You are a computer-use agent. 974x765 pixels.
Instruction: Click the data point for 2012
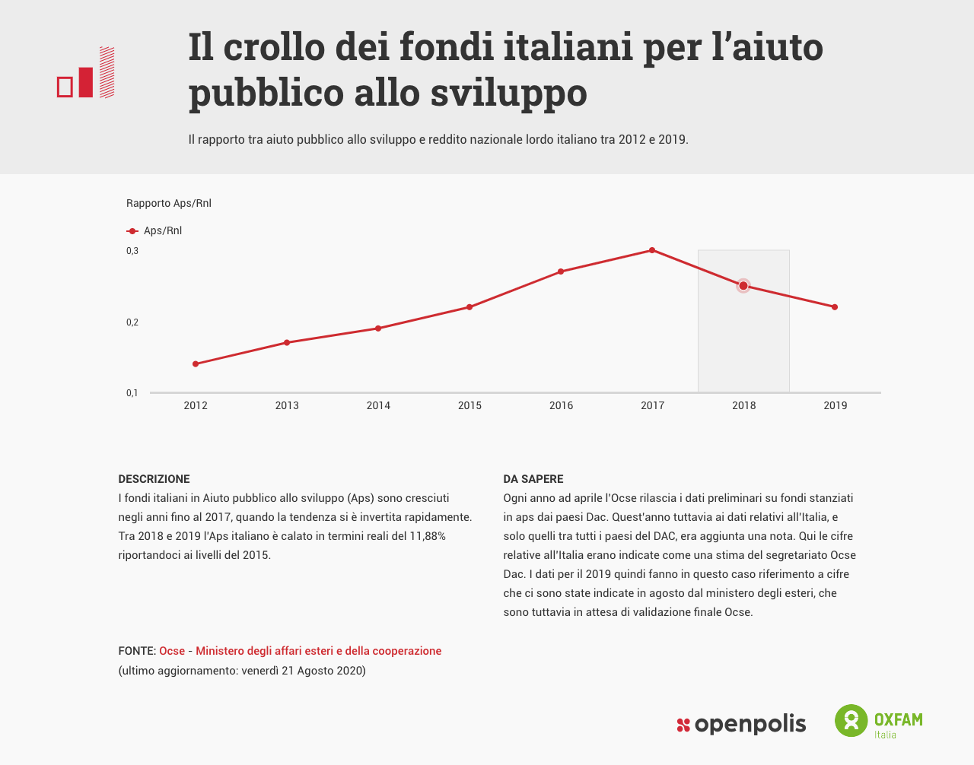[196, 364]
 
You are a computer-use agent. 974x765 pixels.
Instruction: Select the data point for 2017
[652, 250]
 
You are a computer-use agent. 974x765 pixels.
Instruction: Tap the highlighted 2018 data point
[743, 286]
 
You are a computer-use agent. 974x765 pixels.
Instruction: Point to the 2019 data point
[835, 307]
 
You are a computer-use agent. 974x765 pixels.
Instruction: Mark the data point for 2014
[378, 329]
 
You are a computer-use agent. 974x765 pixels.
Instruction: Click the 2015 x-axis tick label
[469, 406]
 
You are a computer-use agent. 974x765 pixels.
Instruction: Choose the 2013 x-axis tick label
[287, 406]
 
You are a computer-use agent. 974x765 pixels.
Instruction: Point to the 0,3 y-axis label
[132, 251]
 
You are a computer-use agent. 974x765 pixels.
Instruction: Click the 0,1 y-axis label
[132, 393]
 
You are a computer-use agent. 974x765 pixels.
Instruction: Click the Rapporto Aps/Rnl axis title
[169, 203]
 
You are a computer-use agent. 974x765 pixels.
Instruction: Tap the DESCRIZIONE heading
[154, 479]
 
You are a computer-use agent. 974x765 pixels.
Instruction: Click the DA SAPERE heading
[533, 479]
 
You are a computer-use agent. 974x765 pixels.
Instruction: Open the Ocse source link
[172, 651]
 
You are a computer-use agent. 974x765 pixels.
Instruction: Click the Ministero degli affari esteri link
[318, 651]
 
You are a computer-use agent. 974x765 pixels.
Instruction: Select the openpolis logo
[741, 725]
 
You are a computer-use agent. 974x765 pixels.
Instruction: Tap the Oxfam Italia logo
[879, 721]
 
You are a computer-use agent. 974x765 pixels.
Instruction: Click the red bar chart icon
[86, 73]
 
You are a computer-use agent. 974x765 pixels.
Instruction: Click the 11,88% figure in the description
[428, 536]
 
